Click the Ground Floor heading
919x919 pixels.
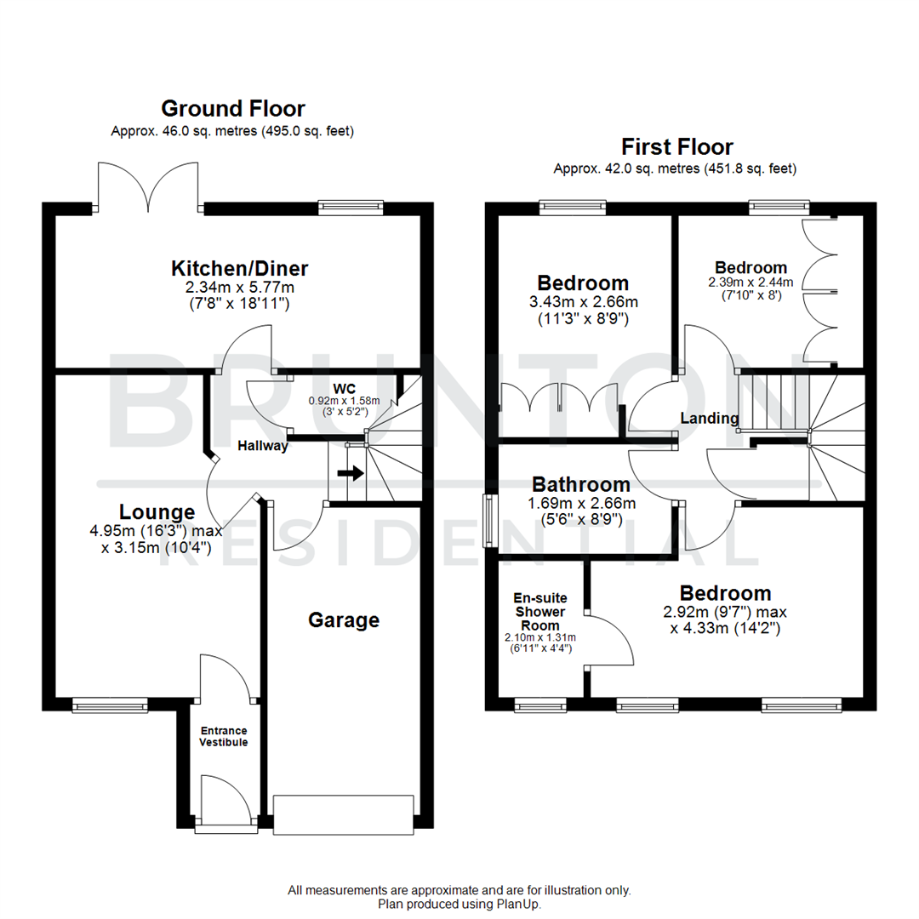(232, 109)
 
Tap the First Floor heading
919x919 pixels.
(676, 146)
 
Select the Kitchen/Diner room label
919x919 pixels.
(239, 269)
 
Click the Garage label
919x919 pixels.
(344, 620)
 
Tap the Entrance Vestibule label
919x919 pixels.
(223, 736)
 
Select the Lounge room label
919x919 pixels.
(157, 512)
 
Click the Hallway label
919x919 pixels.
(262, 446)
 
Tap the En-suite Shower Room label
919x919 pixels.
(540, 612)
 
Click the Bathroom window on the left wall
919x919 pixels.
(489, 521)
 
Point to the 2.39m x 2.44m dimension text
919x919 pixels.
(751, 283)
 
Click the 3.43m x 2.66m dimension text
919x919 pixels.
(583, 302)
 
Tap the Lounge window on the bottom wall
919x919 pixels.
(109, 704)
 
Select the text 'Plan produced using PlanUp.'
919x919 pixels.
(459, 905)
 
